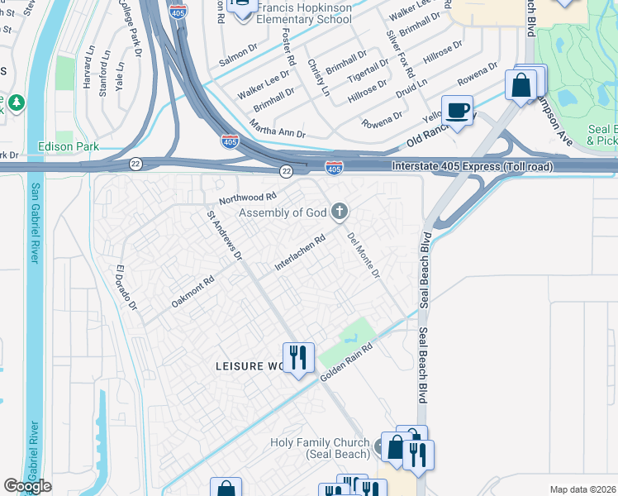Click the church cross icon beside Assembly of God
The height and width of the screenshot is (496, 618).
pyautogui.click(x=339, y=212)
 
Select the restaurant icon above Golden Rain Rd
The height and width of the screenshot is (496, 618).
pyautogui.click(x=297, y=357)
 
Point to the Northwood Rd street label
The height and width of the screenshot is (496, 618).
pyautogui.click(x=247, y=198)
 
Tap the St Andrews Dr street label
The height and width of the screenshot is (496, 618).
pyautogui.click(x=225, y=236)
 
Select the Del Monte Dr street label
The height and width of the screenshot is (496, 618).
pyautogui.click(x=364, y=255)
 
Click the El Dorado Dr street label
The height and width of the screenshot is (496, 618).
pyautogui.click(x=126, y=289)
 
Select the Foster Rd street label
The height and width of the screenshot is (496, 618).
pyautogui.click(x=289, y=46)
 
